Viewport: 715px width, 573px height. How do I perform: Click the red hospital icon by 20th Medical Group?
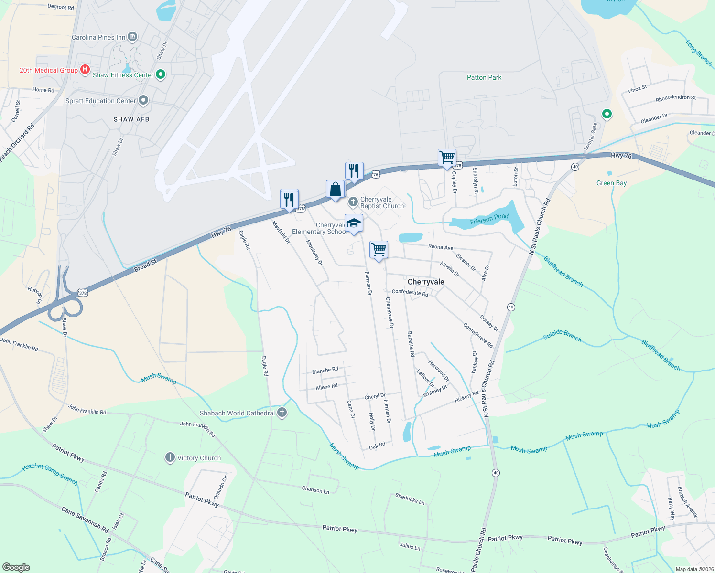pos(85,70)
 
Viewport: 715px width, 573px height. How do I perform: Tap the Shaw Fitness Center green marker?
pos(161,74)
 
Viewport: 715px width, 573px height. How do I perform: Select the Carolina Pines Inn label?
pos(98,37)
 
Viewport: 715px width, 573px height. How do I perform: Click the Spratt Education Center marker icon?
pos(143,101)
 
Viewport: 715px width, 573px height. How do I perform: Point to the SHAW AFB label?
pos(131,119)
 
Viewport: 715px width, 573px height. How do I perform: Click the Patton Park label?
pos(484,77)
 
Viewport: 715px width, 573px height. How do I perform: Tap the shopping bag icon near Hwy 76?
pos(336,189)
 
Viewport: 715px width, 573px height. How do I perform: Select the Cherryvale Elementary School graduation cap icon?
pos(354,223)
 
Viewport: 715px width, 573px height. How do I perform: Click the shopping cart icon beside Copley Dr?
pos(447,157)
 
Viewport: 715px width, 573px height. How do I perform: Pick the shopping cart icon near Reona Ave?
pos(379,249)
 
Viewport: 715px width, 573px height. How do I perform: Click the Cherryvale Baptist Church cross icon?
pos(353,202)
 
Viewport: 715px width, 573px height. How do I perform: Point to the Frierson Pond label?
pos(489,219)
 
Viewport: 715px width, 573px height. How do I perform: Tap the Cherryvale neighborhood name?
pos(426,282)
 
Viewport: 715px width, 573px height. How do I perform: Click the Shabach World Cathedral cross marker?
pos(282,413)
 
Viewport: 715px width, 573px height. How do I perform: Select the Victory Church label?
pos(199,458)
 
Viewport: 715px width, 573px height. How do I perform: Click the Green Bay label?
pos(611,183)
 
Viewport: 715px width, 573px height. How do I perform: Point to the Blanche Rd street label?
pos(325,371)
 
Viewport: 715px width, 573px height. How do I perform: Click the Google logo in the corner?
pos(16,567)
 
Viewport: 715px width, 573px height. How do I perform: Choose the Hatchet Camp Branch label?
pos(50,474)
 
